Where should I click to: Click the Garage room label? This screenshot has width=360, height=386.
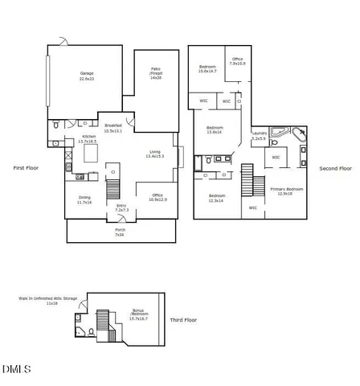(87, 76)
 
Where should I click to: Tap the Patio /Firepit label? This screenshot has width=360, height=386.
(156, 74)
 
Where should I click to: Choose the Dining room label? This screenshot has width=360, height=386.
(84, 199)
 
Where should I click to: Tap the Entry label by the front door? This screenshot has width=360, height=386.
(121, 207)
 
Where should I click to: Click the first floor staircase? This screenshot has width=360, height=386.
(114, 188)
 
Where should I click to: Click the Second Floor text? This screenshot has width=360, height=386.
(335, 168)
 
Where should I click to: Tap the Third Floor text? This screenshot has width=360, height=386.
(183, 320)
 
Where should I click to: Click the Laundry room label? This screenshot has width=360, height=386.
(260, 135)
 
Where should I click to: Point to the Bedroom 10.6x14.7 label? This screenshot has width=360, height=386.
(207, 68)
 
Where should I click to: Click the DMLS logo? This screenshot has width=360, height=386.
(16, 369)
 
